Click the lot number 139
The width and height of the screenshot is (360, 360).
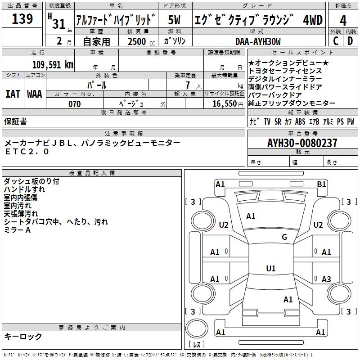[22, 19]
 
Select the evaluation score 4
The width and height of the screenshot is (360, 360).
[343, 20]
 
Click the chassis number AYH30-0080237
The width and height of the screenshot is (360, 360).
[302, 144]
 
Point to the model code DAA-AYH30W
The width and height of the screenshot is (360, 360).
[258, 41]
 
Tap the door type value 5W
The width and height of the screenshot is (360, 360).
[174, 20]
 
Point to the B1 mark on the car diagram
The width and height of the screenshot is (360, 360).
[321, 184]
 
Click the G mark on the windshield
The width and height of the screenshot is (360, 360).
[284, 237]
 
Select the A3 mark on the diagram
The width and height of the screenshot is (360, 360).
[326, 279]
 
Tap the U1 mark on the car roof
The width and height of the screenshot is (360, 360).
[270, 269]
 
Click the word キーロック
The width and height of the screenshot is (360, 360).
[23, 337]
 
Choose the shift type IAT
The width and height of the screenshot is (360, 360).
[13, 94]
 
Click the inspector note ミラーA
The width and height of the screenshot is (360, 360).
[17, 230]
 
